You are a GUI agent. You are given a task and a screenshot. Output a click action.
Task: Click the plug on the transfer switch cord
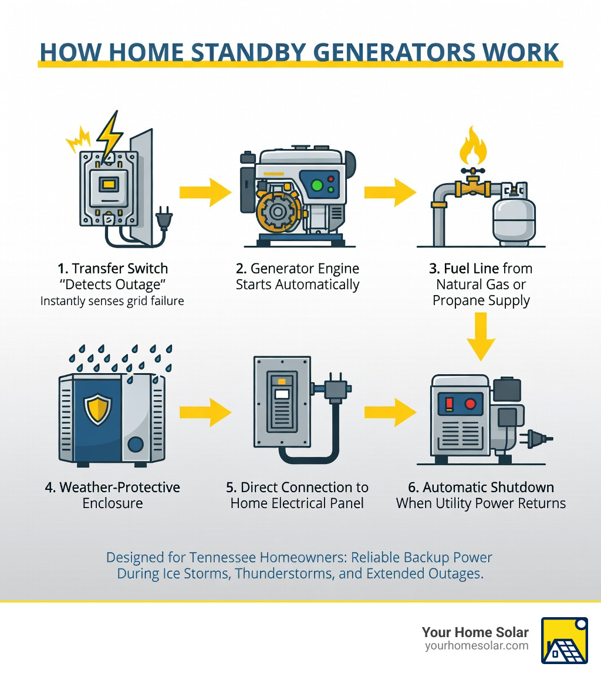click(163, 222)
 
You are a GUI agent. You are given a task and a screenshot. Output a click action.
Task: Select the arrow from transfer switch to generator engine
click(205, 192)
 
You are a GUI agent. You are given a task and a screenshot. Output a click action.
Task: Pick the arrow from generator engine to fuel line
click(390, 192)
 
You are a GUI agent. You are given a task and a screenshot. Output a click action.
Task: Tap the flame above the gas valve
click(473, 147)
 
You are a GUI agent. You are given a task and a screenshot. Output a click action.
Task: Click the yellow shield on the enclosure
click(99, 409)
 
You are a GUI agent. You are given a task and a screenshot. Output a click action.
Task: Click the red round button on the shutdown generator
click(470, 404)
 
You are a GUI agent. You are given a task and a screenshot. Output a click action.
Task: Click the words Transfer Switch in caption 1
click(120, 269)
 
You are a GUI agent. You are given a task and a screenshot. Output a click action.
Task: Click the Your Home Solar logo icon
click(564, 640)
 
